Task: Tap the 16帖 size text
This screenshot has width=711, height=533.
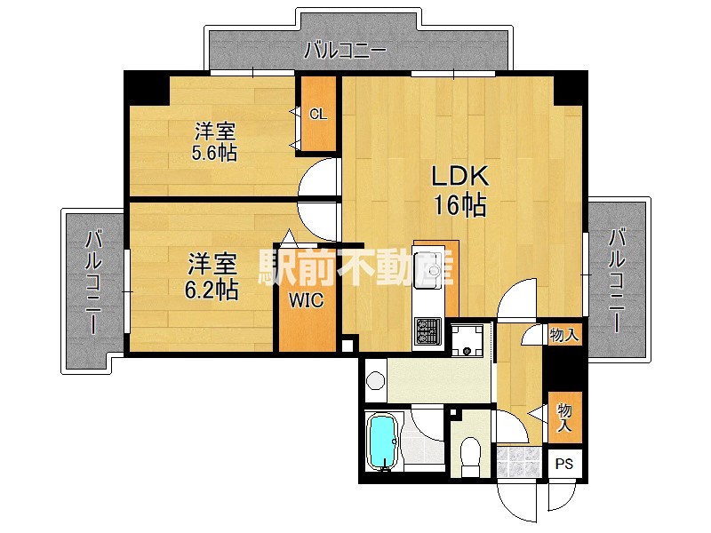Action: click(459, 206)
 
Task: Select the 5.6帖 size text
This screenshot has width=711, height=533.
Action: click(214, 153)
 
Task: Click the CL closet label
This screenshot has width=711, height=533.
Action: click(318, 114)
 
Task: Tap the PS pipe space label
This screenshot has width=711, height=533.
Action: click(565, 464)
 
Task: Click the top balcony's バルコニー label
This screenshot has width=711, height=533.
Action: click(344, 51)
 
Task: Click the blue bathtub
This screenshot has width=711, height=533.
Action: click(383, 442)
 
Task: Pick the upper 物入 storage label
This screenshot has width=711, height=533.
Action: click(563, 336)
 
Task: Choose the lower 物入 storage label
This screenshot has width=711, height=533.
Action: click(563, 417)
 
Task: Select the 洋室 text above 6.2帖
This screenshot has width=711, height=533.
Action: click(213, 265)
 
